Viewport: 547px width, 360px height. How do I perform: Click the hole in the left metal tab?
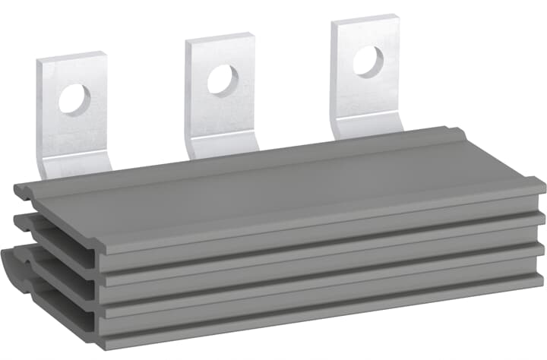pyautogui.click(x=74, y=99)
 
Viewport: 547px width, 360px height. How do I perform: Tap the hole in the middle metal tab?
pyautogui.click(x=223, y=80)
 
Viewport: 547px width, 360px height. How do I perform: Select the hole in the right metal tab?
pyautogui.click(x=368, y=61)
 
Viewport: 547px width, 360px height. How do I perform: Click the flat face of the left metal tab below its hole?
pyautogui.click(x=76, y=137)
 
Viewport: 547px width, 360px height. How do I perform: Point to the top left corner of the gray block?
pyautogui.click(x=18, y=187)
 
